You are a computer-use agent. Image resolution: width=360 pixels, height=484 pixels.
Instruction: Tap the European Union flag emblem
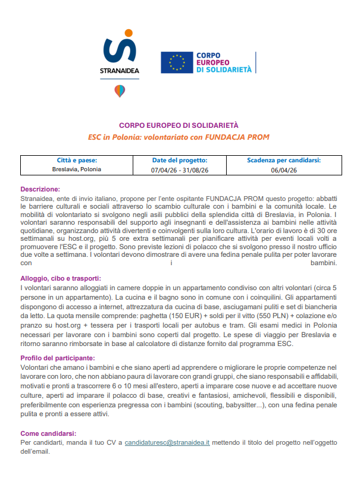(177, 62)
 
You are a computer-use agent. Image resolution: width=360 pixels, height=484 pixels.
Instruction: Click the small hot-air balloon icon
(120, 91)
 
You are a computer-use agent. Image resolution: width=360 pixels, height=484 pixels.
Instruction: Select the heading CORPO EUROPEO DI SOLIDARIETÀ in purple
(179, 125)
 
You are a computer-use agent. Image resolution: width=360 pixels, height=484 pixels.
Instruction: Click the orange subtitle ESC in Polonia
(179, 137)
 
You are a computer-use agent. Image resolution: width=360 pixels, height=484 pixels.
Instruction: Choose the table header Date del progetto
(179, 161)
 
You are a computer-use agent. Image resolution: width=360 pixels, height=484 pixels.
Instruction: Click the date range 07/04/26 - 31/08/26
(179, 170)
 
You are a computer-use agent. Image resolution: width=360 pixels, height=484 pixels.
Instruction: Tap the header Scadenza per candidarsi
(284, 161)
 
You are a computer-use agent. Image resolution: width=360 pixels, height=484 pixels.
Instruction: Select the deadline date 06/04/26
(284, 170)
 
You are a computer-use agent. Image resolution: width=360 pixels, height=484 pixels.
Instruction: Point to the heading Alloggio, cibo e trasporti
(61, 278)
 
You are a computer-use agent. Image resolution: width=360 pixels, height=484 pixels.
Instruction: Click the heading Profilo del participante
(58, 358)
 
